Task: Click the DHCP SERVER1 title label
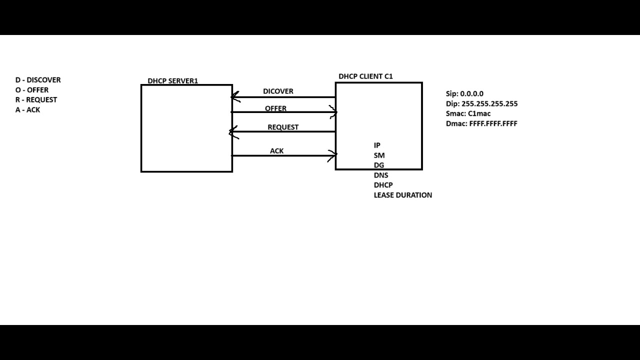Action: pyautogui.click(x=172, y=81)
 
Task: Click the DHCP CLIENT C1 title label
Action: pyautogui.click(x=365, y=76)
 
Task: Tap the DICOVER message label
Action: pyautogui.click(x=278, y=91)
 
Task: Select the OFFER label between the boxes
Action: pyautogui.click(x=275, y=108)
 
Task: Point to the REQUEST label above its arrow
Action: pyautogui.click(x=282, y=127)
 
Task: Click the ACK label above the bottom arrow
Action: pyautogui.click(x=276, y=151)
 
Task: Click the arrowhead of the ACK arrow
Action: pyautogui.click(x=333, y=155)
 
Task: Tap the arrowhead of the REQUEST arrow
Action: pyautogui.click(x=232, y=132)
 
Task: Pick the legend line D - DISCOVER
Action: pyautogui.click(x=38, y=80)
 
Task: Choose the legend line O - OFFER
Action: pyautogui.click(x=32, y=90)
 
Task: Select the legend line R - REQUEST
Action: pyautogui.click(x=36, y=99)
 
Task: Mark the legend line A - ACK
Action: pyautogui.click(x=27, y=109)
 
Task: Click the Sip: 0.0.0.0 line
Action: pyautogui.click(x=464, y=93)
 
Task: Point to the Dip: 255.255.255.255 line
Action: pyautogui.click(x=481, y=103)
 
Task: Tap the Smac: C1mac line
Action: pyautogui.click(x=468, y=113)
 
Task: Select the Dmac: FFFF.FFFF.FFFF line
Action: pyautogui.click(x=481, y=123)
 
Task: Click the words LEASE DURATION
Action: pyautogui.click(x=402, y=195)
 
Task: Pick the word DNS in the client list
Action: pyautogui.click(x=380, y=175)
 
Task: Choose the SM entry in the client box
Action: pyautogui.click(x=379, y=155)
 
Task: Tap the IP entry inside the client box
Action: pyautogui.click(x=377, y=145)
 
